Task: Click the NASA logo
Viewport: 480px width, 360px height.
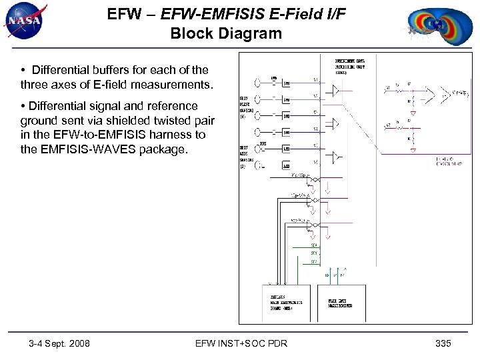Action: point(24,22)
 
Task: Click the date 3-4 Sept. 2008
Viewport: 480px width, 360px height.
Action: point(60,343)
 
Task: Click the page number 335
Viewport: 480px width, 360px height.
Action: point(443,343)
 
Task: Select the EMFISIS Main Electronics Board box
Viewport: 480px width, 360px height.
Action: point(287,303)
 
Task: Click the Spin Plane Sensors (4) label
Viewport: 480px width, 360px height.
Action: point(247,108)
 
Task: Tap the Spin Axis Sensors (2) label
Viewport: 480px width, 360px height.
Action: point(247,157)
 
